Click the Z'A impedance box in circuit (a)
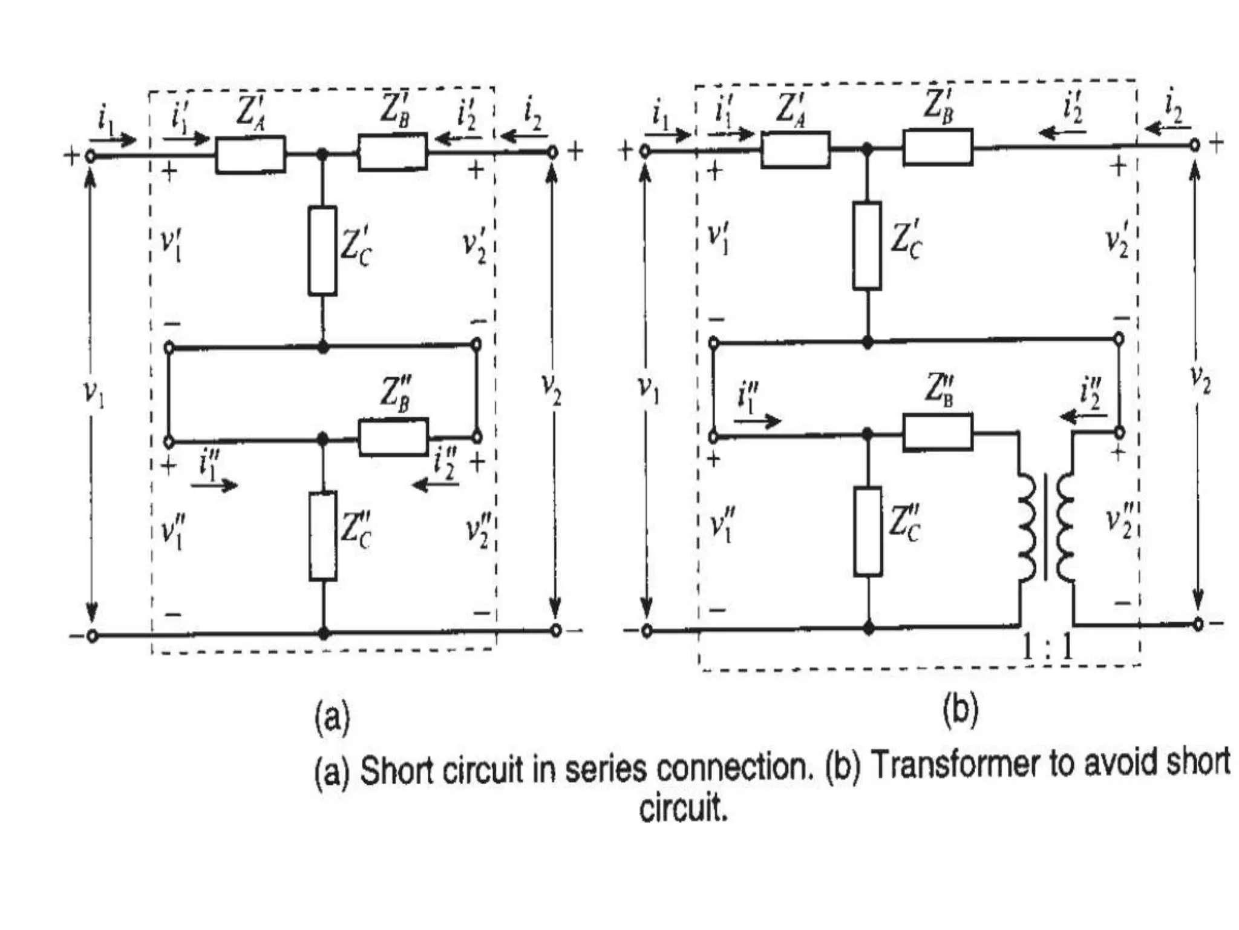(250, 154)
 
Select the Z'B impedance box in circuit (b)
(938, 147)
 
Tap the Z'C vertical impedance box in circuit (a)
(322, 251)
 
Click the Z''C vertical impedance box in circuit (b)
(868, 531)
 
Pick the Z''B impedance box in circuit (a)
(393, 437)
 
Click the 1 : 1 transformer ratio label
(1047, 647)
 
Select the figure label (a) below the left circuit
(332, 717)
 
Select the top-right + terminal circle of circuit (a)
(552, 153)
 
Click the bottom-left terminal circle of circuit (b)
(647, 632)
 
